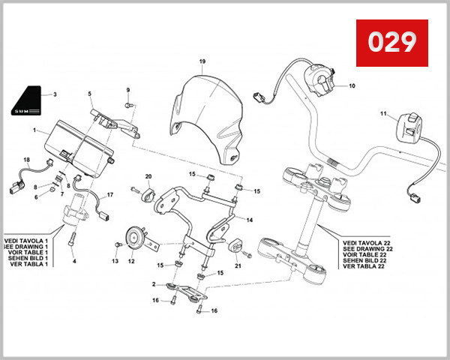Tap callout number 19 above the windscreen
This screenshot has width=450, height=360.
pyautogui.click(x=202, y=60)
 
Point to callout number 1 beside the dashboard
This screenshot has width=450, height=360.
pyautogui.click(x=34, y=130)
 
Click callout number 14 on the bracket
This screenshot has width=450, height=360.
pyautogui.click(x=250, y=220)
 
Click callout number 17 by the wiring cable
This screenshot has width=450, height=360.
pyautogui.click(x=110, y=195)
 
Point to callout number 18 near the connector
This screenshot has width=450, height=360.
pyautogui.click(x=26, y=160)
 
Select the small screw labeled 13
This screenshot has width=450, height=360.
pyautogui.click(x=118, y=244)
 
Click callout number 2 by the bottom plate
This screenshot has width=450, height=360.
pyautogui.click(x=153, y=285)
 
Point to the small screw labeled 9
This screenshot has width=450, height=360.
pyautogui.click(x=128, y=106)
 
